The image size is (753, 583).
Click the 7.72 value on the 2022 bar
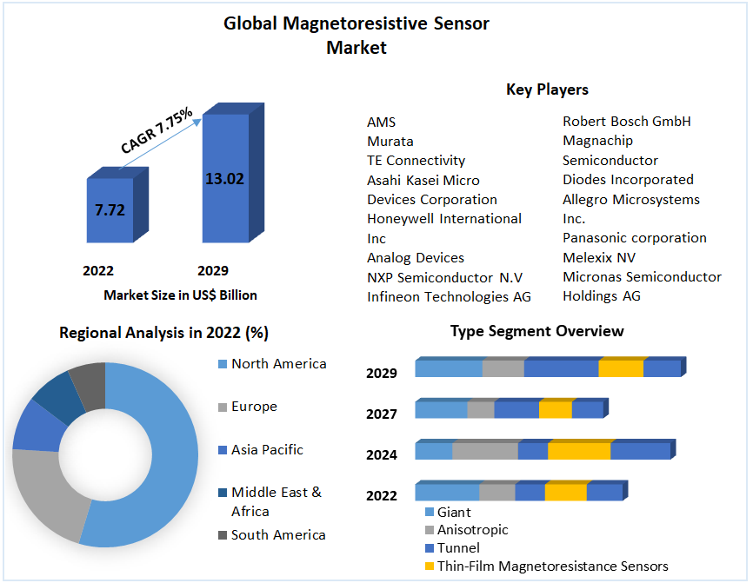click(110, 209)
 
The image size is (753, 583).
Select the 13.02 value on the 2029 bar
click(224, 179)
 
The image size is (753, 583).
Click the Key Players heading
click(547, 89)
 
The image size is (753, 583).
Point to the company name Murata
click(390, 141)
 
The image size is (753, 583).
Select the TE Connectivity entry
click(416, 160)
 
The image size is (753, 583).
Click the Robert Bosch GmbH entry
click(626, 121)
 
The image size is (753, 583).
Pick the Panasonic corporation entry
click(634, 237)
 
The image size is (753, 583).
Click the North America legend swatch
click(222, 364)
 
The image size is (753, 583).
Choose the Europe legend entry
click(254, 407)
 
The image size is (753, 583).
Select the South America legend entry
click(278, 535)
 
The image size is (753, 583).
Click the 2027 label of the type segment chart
click(381, 414)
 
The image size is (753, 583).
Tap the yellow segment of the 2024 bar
click(578, 451)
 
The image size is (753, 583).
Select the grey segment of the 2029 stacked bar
click(503, 368)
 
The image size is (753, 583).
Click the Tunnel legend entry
click(457, 547)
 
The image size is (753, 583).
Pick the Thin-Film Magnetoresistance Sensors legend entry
click(552, 566)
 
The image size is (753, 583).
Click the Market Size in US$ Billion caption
click(180, 295)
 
